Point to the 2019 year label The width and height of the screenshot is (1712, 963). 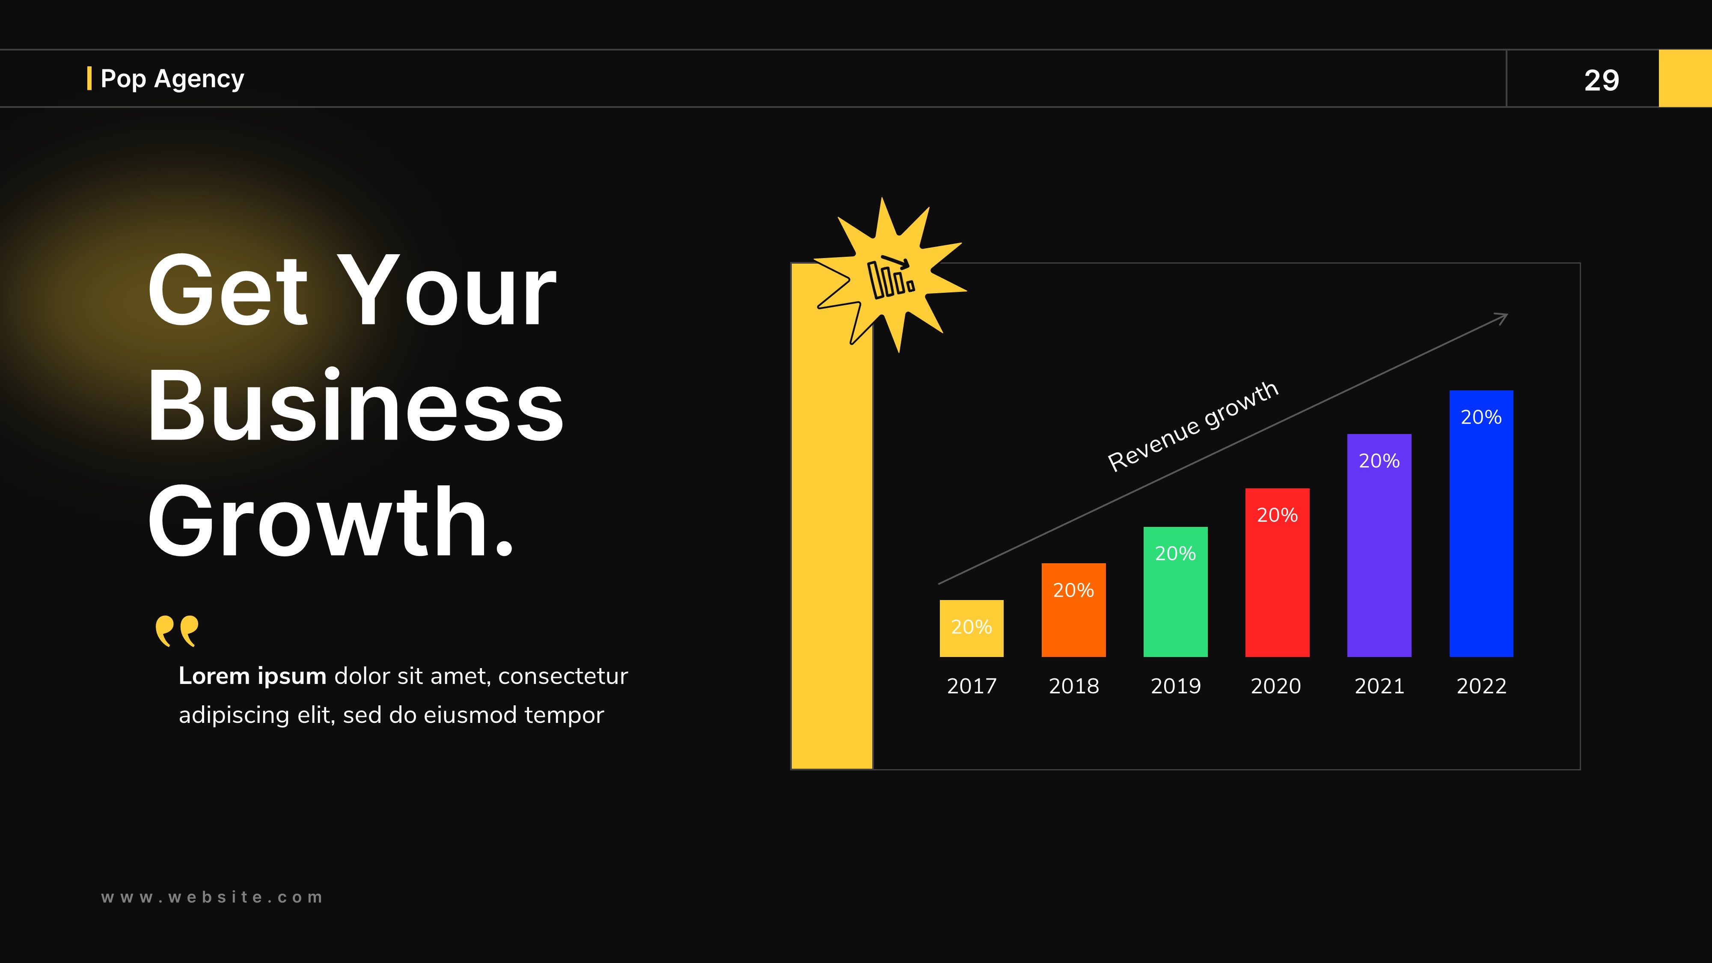1175,686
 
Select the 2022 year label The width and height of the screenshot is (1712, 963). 1481,686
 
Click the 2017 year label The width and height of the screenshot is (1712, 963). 971,686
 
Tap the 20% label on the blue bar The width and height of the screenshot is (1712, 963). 1481,417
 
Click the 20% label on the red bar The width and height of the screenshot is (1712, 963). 1277,515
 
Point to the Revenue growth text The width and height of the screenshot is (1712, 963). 1193,426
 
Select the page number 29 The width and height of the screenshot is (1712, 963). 1601,80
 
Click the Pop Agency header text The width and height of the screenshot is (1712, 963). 172,78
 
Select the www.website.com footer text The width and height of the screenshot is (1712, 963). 211,897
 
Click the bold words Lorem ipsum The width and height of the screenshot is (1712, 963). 252,676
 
